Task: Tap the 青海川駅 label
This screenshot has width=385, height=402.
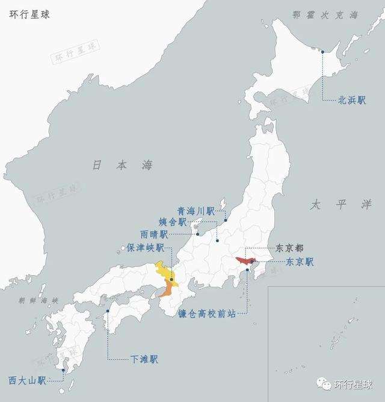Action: pos(196,211)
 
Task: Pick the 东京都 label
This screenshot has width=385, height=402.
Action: pos(289,248)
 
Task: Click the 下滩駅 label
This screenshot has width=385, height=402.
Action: pos(144,359)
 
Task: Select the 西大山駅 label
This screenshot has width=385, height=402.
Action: pos(28,380)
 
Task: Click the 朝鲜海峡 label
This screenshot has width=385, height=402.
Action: pos(38,300)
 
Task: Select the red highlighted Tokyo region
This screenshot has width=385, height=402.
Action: pos(246,261)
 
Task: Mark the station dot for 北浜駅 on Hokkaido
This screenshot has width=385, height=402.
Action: pos(322,51)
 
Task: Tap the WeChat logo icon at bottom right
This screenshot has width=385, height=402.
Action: pos(324,385)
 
